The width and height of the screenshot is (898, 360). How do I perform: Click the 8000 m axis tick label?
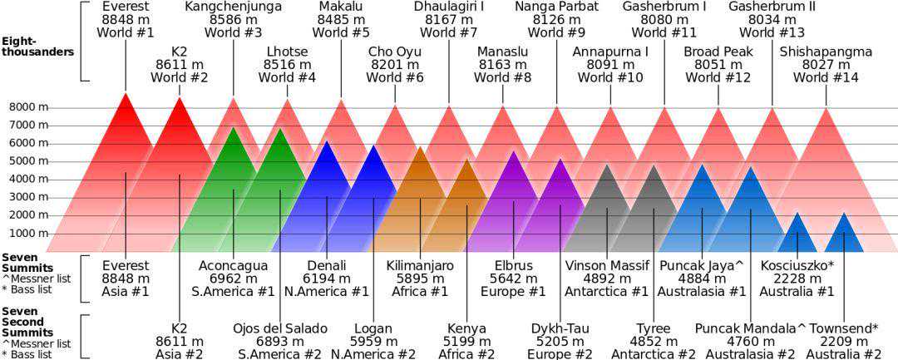(x=28, y=107)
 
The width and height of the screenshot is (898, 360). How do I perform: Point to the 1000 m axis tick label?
(x=28, y=234)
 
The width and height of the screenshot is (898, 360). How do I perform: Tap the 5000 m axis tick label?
(x=28, y=161)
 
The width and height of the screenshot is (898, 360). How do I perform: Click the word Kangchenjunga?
(x=234, y=7)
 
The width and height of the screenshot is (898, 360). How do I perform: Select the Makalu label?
(x=341, y=7)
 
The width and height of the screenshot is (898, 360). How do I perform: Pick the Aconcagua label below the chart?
(x=233, y=266)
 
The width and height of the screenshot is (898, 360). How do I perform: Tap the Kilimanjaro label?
(x=420, y=266)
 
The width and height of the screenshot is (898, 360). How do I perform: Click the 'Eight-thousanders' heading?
(x=37, y=46)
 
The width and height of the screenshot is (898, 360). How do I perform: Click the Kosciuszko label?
(x=797, y=266)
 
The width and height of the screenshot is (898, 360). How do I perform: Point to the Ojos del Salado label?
(x=280, y=328)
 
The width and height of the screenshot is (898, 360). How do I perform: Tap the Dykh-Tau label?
(x=560, y=328)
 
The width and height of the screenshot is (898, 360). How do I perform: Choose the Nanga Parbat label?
(x=557, y=7)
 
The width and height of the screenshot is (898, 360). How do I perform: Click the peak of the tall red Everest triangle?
(x=126, y=94)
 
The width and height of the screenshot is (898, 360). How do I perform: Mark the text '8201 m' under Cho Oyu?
(x=395, y=65)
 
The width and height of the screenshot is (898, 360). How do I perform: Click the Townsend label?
(x=844, y=328)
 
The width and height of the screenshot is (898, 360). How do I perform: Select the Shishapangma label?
(x=826, y=52)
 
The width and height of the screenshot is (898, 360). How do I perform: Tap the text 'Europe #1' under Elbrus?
(x=513, y=292)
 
